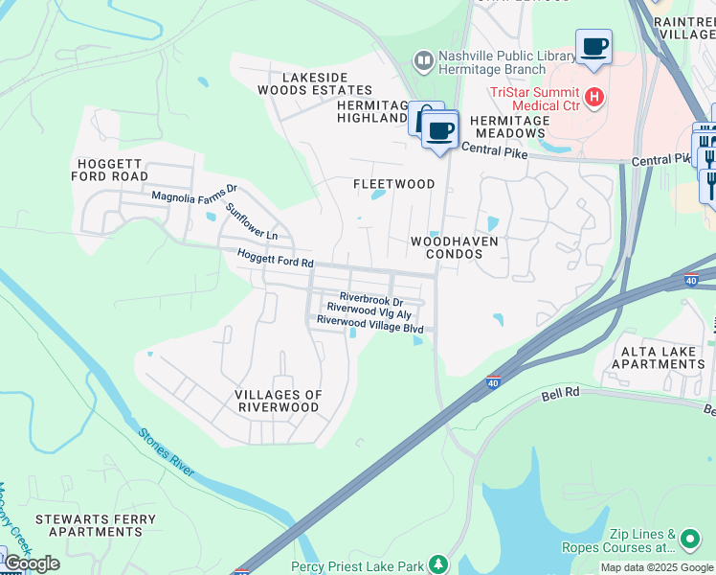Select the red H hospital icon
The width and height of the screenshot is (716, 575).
594,97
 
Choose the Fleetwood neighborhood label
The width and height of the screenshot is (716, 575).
393,183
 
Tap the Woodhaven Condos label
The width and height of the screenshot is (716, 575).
455,248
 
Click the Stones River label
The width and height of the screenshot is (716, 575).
167,452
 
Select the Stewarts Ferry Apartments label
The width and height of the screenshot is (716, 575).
95,525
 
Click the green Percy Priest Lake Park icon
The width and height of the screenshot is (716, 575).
438,564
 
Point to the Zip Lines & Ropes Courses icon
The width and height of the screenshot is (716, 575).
689,540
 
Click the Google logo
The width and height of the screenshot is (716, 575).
32,563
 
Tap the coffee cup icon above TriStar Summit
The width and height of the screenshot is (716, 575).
593,46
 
